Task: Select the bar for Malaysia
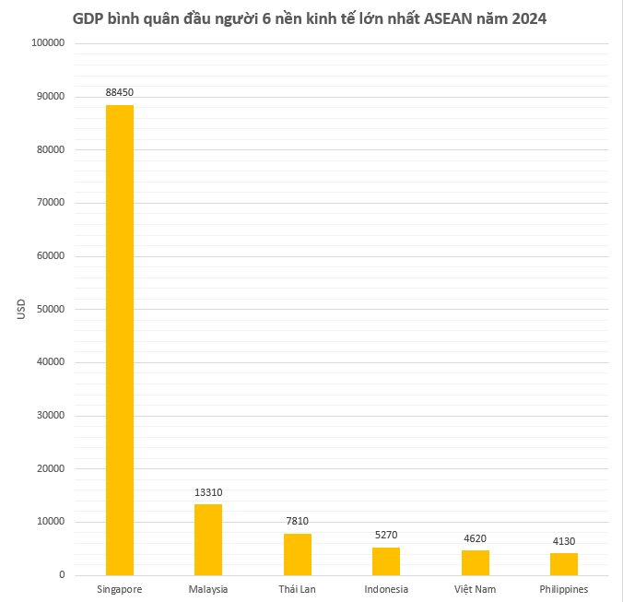(208, 539)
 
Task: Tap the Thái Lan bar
(297, 554)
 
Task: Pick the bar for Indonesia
(386, 561)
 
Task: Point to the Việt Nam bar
(475, 562)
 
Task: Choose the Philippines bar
(563, 564)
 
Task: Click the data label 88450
(120, 92)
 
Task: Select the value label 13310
(208, 492)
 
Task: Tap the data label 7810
(297, 522)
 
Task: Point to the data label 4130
(563, 541)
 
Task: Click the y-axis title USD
(21, 309)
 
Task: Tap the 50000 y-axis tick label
(49, 309)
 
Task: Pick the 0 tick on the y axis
(61, 575)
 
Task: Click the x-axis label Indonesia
(386, 588)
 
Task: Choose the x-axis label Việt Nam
(475, 588)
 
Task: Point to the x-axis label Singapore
(120, 588)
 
